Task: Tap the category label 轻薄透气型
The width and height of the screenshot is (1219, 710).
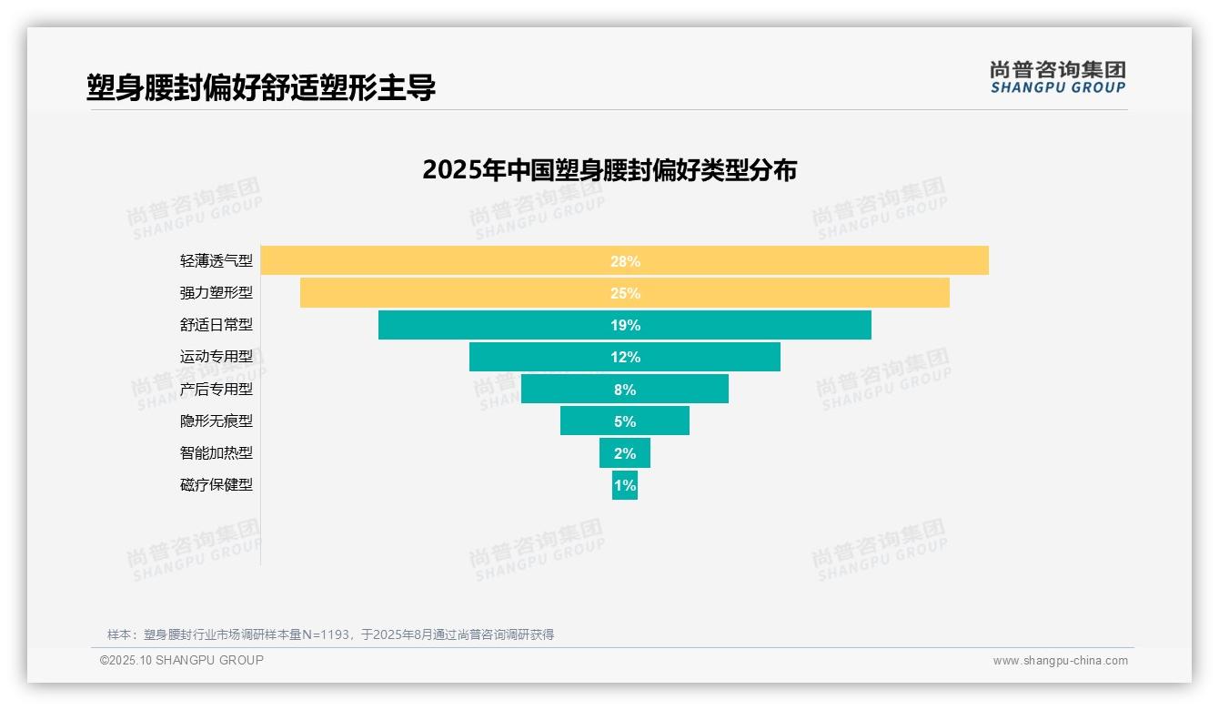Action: point(217,260)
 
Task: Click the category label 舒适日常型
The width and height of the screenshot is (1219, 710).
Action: point(217,325)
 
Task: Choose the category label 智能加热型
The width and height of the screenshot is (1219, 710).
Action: point(217,452)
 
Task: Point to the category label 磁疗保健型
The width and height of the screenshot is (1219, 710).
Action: point(217,484)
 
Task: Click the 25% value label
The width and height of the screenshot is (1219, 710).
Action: point(625,293)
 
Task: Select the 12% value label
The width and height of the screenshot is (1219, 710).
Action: point(625,357)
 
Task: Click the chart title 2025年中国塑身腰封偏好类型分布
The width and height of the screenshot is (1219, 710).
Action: point(609,170)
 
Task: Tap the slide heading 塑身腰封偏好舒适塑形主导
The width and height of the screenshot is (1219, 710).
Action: point(261,87)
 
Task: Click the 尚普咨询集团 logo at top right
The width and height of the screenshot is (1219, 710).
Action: point(1057,76)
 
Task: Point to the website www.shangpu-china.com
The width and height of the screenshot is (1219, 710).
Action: point(1060,661)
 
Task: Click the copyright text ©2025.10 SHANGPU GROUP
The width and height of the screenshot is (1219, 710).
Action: point(182,660)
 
